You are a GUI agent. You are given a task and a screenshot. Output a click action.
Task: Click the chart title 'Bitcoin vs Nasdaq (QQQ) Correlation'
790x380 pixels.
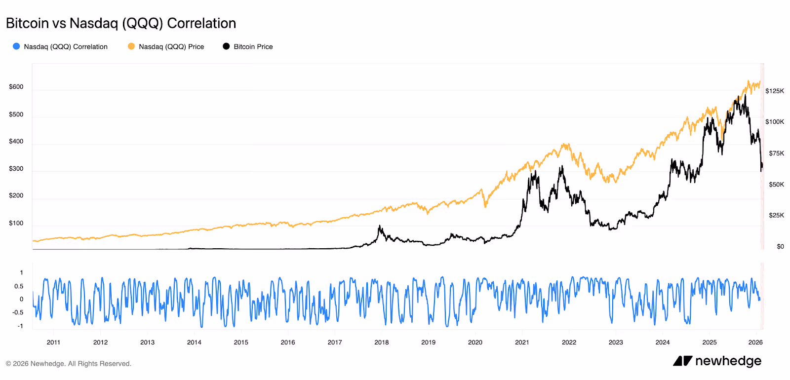tap(121, 23)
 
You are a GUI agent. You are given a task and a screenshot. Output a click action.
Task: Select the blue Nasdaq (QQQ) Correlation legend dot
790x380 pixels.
tap(16, 46)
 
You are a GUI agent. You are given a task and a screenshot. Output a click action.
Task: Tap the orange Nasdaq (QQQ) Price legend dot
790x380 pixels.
tap(131, 46)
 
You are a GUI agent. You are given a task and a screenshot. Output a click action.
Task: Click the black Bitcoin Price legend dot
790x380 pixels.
tap(226, 46)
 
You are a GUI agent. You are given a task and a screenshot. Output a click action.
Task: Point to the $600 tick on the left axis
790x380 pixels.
tap(16, 87)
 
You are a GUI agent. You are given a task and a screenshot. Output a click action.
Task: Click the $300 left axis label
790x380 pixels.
tap(16, 169)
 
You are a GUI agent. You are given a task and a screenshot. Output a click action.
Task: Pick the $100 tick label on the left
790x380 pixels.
tap(16, 223)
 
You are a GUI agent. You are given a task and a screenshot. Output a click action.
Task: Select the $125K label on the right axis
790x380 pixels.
tap(774, 91)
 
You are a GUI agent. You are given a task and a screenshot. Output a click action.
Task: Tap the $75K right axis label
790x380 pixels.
tap(776, 153)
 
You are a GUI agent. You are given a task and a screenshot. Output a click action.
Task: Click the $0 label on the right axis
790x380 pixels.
tap(780, 246)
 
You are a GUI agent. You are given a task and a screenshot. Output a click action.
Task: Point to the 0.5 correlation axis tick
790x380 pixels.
tap(19, 286)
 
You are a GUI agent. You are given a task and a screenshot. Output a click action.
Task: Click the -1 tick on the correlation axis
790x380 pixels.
tap(20, 326)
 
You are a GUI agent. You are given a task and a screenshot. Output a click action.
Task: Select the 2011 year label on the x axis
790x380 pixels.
tap(53, 342)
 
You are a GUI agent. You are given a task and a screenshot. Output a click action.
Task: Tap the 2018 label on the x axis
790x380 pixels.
tap(381, 342)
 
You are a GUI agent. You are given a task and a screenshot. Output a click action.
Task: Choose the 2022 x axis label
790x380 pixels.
tap(569, 342)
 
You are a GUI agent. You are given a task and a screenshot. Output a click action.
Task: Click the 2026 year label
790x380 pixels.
tap(755, 342)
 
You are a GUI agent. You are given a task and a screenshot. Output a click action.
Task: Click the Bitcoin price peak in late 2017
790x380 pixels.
tap(380, 227)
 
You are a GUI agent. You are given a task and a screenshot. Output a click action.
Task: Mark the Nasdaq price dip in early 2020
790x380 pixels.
tap(485, 206)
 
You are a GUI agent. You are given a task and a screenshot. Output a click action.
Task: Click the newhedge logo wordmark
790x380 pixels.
tap(728, 361)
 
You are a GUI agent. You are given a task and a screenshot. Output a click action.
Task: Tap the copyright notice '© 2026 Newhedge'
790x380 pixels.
tap(69, 364)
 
